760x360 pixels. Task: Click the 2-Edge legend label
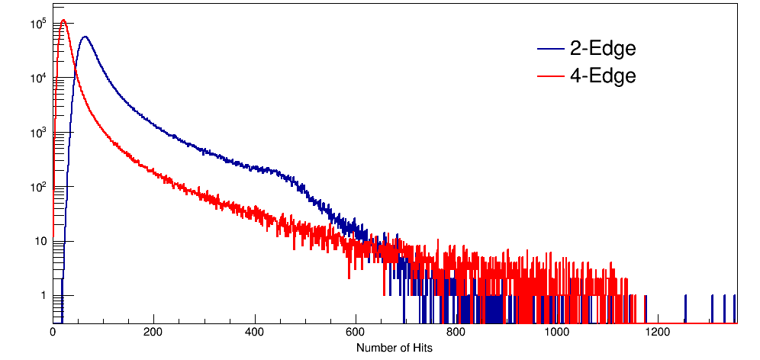pyautogui.click(x=603, y=49)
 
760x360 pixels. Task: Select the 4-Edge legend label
pyautogui.click(x=603, y=76)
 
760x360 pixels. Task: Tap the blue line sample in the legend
pyautogui.click(x=550, y=50)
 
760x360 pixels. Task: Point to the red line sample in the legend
pyautogui.click(x=550, y=76)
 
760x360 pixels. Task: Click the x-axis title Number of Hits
pyautogui.click(x=394, y=348)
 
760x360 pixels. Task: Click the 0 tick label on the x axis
pyautogui.click(x=53, y=332)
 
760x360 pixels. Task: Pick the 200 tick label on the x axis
pyautogui.click(x=153, y=332)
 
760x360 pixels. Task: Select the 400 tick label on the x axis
pyautogui.click(x=254, y=332)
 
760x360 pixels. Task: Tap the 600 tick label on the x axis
pyautogui.click(x=356, y=332)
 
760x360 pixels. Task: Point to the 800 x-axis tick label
pyautogui.click(x=456, y=332)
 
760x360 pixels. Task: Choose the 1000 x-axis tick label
pyautogui.click(x=557, y=332)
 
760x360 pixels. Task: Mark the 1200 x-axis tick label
pyautogui.click(x=658, y=332)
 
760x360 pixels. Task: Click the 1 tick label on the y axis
pyautogui.click(x=43, y=295)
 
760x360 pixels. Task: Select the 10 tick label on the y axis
pyautogui.click(x=40, y=241)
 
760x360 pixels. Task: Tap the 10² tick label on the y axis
pyautogui.click(x=39, y=186)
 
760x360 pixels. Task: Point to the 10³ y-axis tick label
pyautogui.click(x=39, y=132)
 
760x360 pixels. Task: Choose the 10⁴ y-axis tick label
pyautogui.click(x=39, y=78)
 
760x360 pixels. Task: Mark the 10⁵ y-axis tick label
pyautogui.click(x=39, y=24)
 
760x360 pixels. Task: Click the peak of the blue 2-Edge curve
pyautogui.click(x=85, y=37)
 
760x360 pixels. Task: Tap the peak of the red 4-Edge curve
pyautogui.click(x=64, y=21)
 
